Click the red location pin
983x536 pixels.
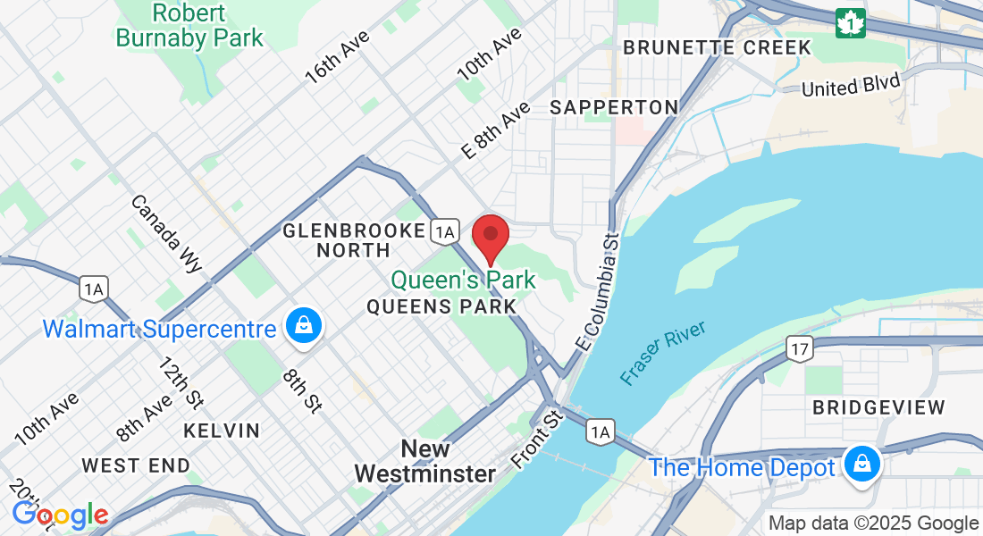pyautogui.click(x=490, y=236)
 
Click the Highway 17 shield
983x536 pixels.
pyautogui.click(x=798, y=348)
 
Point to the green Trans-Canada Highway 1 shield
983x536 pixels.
pyautogui.click(x=850, y=23)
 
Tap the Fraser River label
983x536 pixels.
pyautogui.click(x=664, y=353)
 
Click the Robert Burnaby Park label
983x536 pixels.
pyautogui.click(x=189, y=26)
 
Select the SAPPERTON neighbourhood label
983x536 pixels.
pyautogui.click(x=614, y=107)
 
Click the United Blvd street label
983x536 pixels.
pyautogui.click(x=850, y=85)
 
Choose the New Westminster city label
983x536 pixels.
pyautogui.click(x=424, y=461)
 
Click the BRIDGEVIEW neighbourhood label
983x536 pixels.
pyautogui.click(x=878, y=407)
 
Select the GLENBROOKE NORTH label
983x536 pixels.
pyautogui.click(x=354, y=240)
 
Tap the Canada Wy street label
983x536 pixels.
pyautogui.click(x=167, y=233)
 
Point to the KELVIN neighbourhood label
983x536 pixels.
pyautogui.click(x=222, y=431)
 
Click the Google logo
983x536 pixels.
pyautogui.click(x=60, y=515)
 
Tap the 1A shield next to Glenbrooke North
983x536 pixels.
pyautogui.click(x=444, y=232)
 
